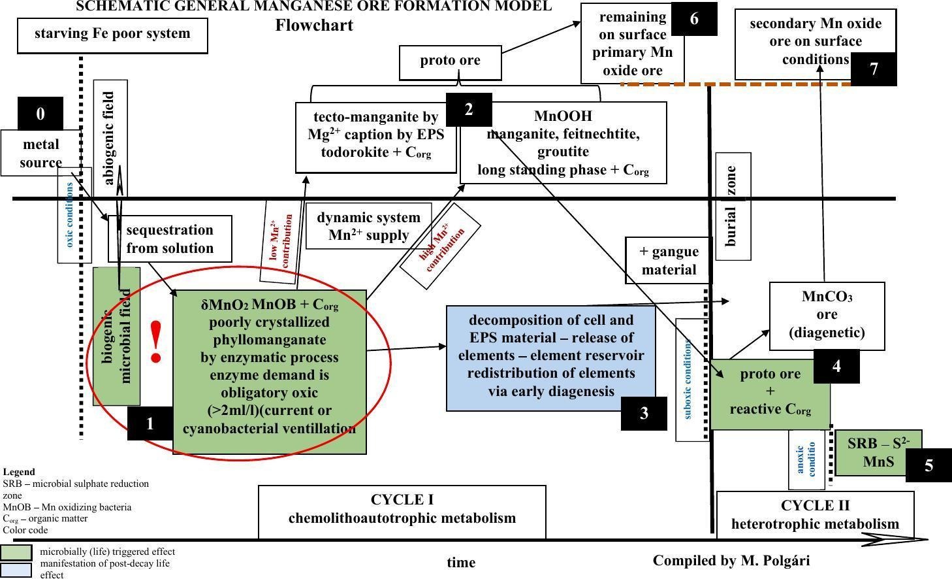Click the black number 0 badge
click(40, 114)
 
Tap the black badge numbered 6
click(693, 19)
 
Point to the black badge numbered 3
click(644, 413)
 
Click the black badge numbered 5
click(928, 465)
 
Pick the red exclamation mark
click(155, 342)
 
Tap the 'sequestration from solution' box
click(170, 239)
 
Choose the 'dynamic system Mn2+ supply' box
click(369, 226)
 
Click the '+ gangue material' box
click(669, 260)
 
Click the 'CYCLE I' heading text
click(402, 500)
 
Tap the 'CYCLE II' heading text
click(815, 506)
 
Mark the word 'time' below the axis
click(461, 562)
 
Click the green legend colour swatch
click(16, 553)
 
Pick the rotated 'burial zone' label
click(733, 206)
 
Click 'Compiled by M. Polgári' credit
click(731, 560)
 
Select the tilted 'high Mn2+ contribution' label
click(440, 246)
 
